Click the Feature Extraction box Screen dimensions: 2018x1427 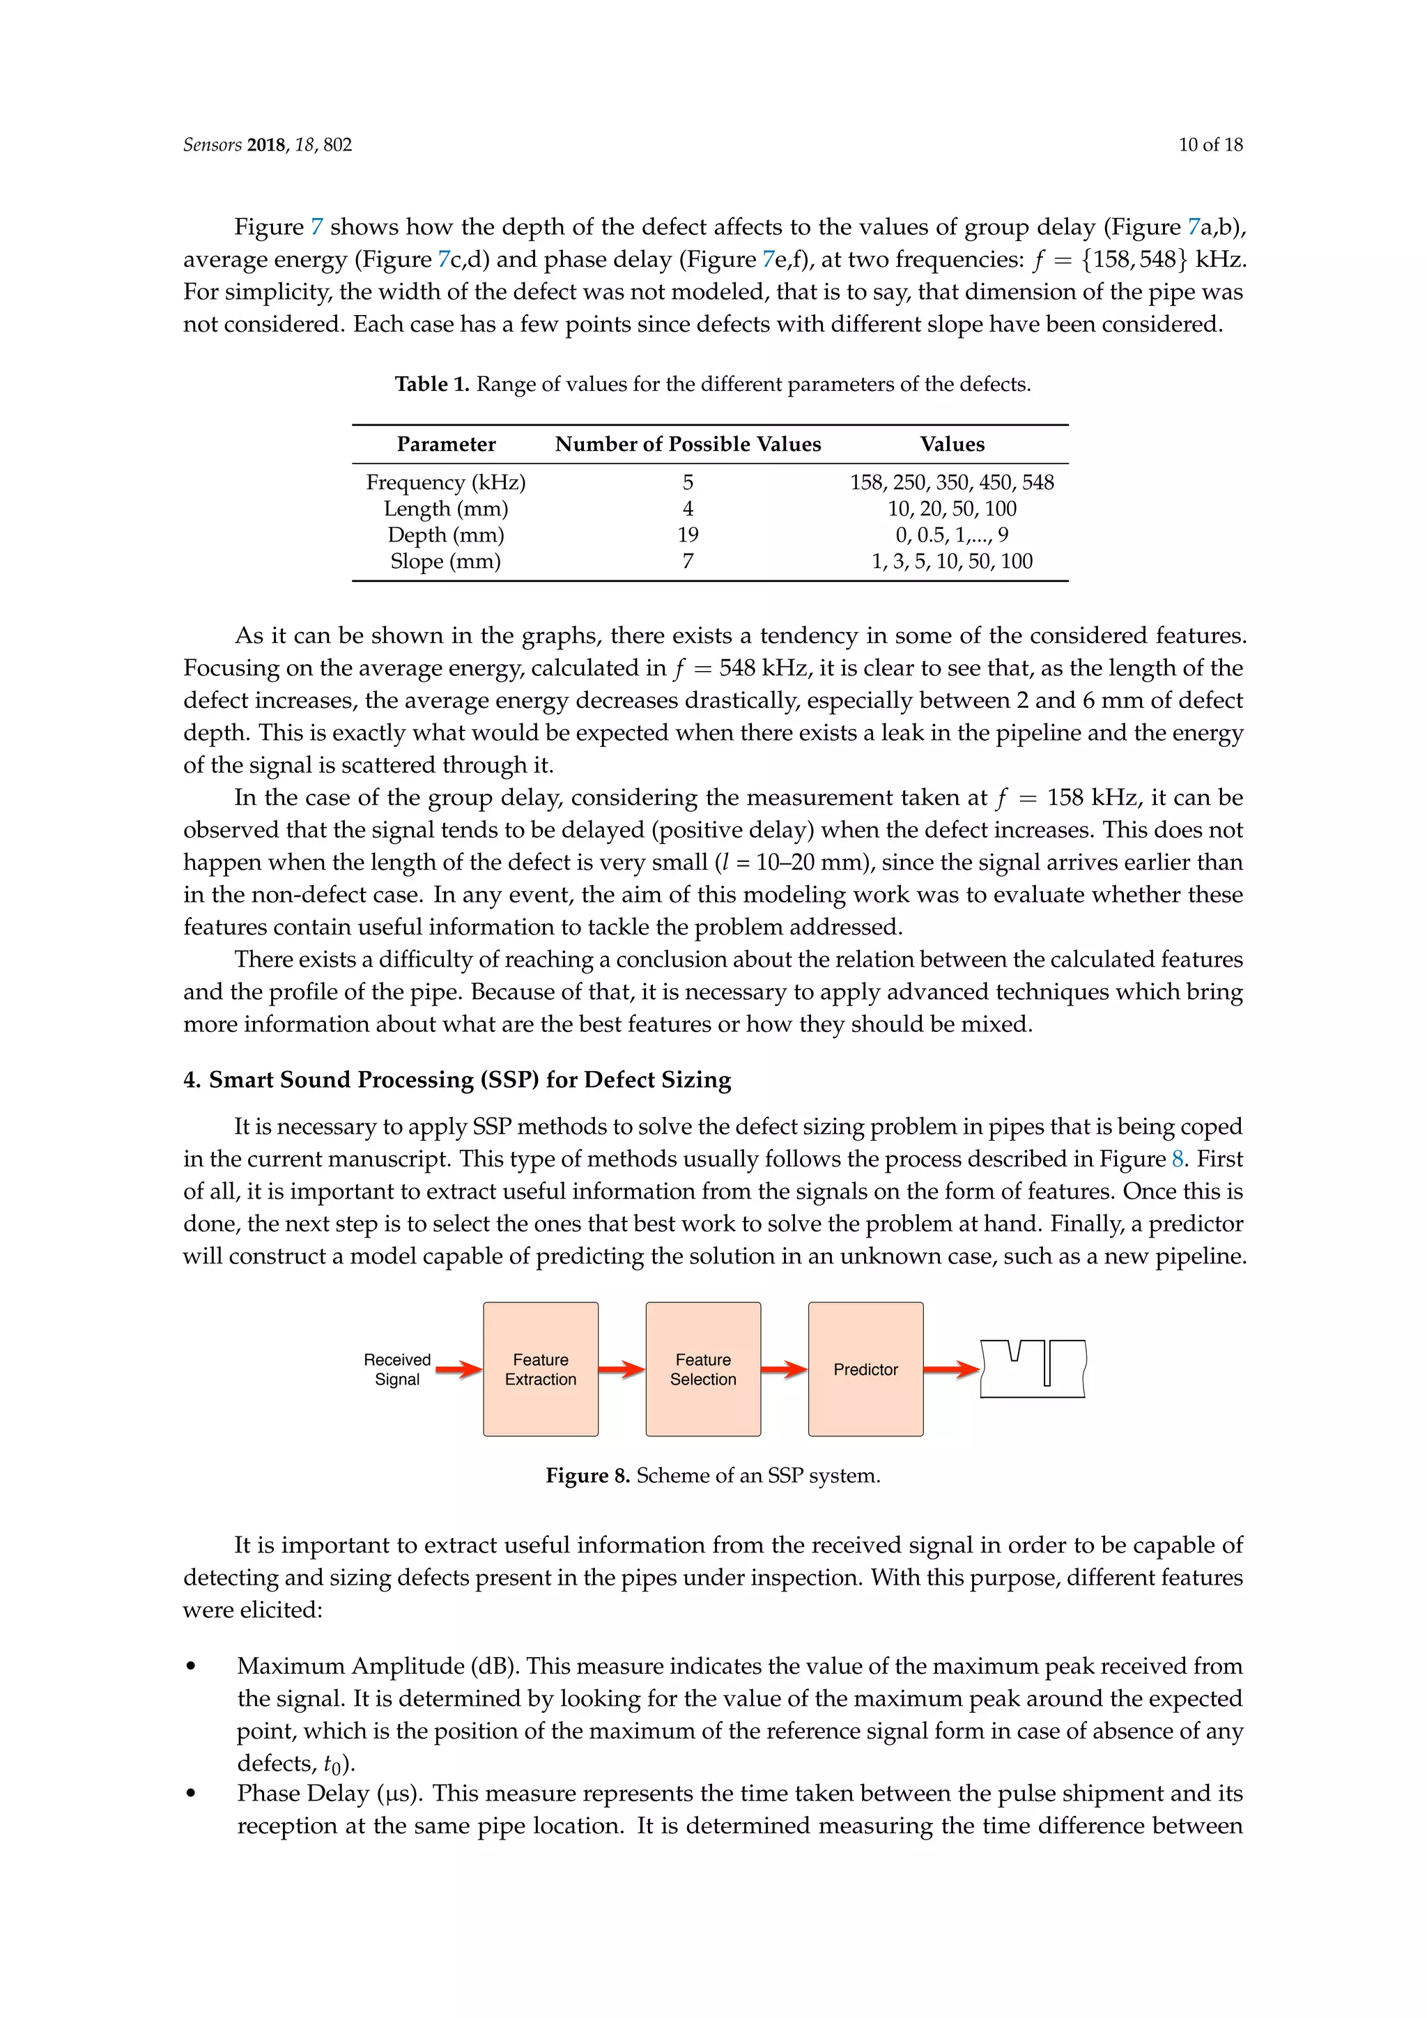click(541, 1369)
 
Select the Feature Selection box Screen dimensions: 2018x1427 click(703, 1369)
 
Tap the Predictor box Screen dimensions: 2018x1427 click(865, 1369)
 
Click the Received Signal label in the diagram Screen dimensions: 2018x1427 click(397, 1369)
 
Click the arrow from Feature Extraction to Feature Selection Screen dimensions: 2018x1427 click(622, 1369)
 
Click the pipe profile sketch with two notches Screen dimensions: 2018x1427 click(1033, 1369)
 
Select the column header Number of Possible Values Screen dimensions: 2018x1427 click(688, 445)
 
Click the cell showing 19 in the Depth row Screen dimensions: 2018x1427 click(688, 535)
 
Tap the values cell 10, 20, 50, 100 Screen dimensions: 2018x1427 click(952, 509)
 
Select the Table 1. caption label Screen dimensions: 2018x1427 click(431, 384)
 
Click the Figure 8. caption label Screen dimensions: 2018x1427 click(587, 1476)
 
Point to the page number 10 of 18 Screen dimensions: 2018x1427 click(1210, 145)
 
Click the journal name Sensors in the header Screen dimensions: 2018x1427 click(212, 145)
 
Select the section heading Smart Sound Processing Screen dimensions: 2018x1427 click(469, 1079)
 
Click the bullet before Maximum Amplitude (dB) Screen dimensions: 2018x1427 click(191, 1666)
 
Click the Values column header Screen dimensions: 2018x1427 click(952, 445)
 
